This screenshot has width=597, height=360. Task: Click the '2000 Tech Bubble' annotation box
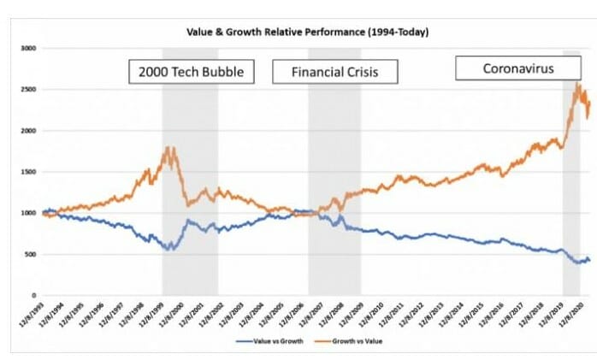(192, 72)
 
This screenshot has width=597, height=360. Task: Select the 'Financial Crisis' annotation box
(335, 72)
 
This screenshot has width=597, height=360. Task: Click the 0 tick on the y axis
(30, 295)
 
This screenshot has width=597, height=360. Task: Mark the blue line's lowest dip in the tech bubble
(170, 249)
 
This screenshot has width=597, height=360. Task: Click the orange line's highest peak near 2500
(577, 84)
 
